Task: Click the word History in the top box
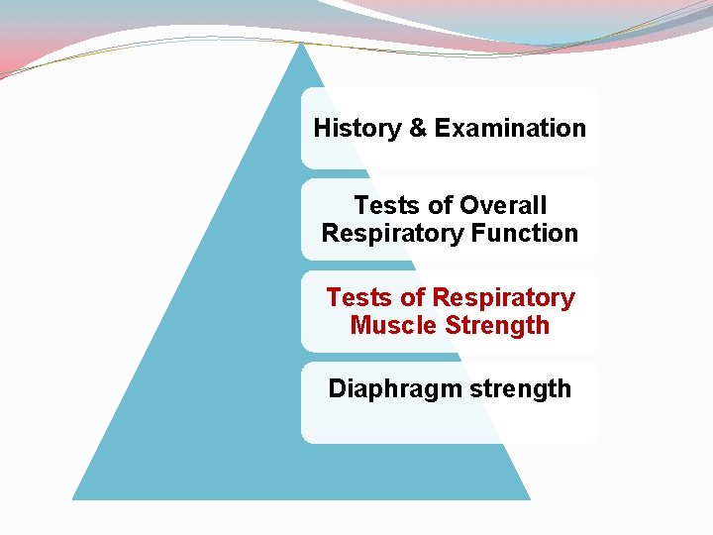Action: point(356,128)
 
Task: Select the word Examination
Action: point(509,128)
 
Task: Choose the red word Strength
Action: point(497,325)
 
